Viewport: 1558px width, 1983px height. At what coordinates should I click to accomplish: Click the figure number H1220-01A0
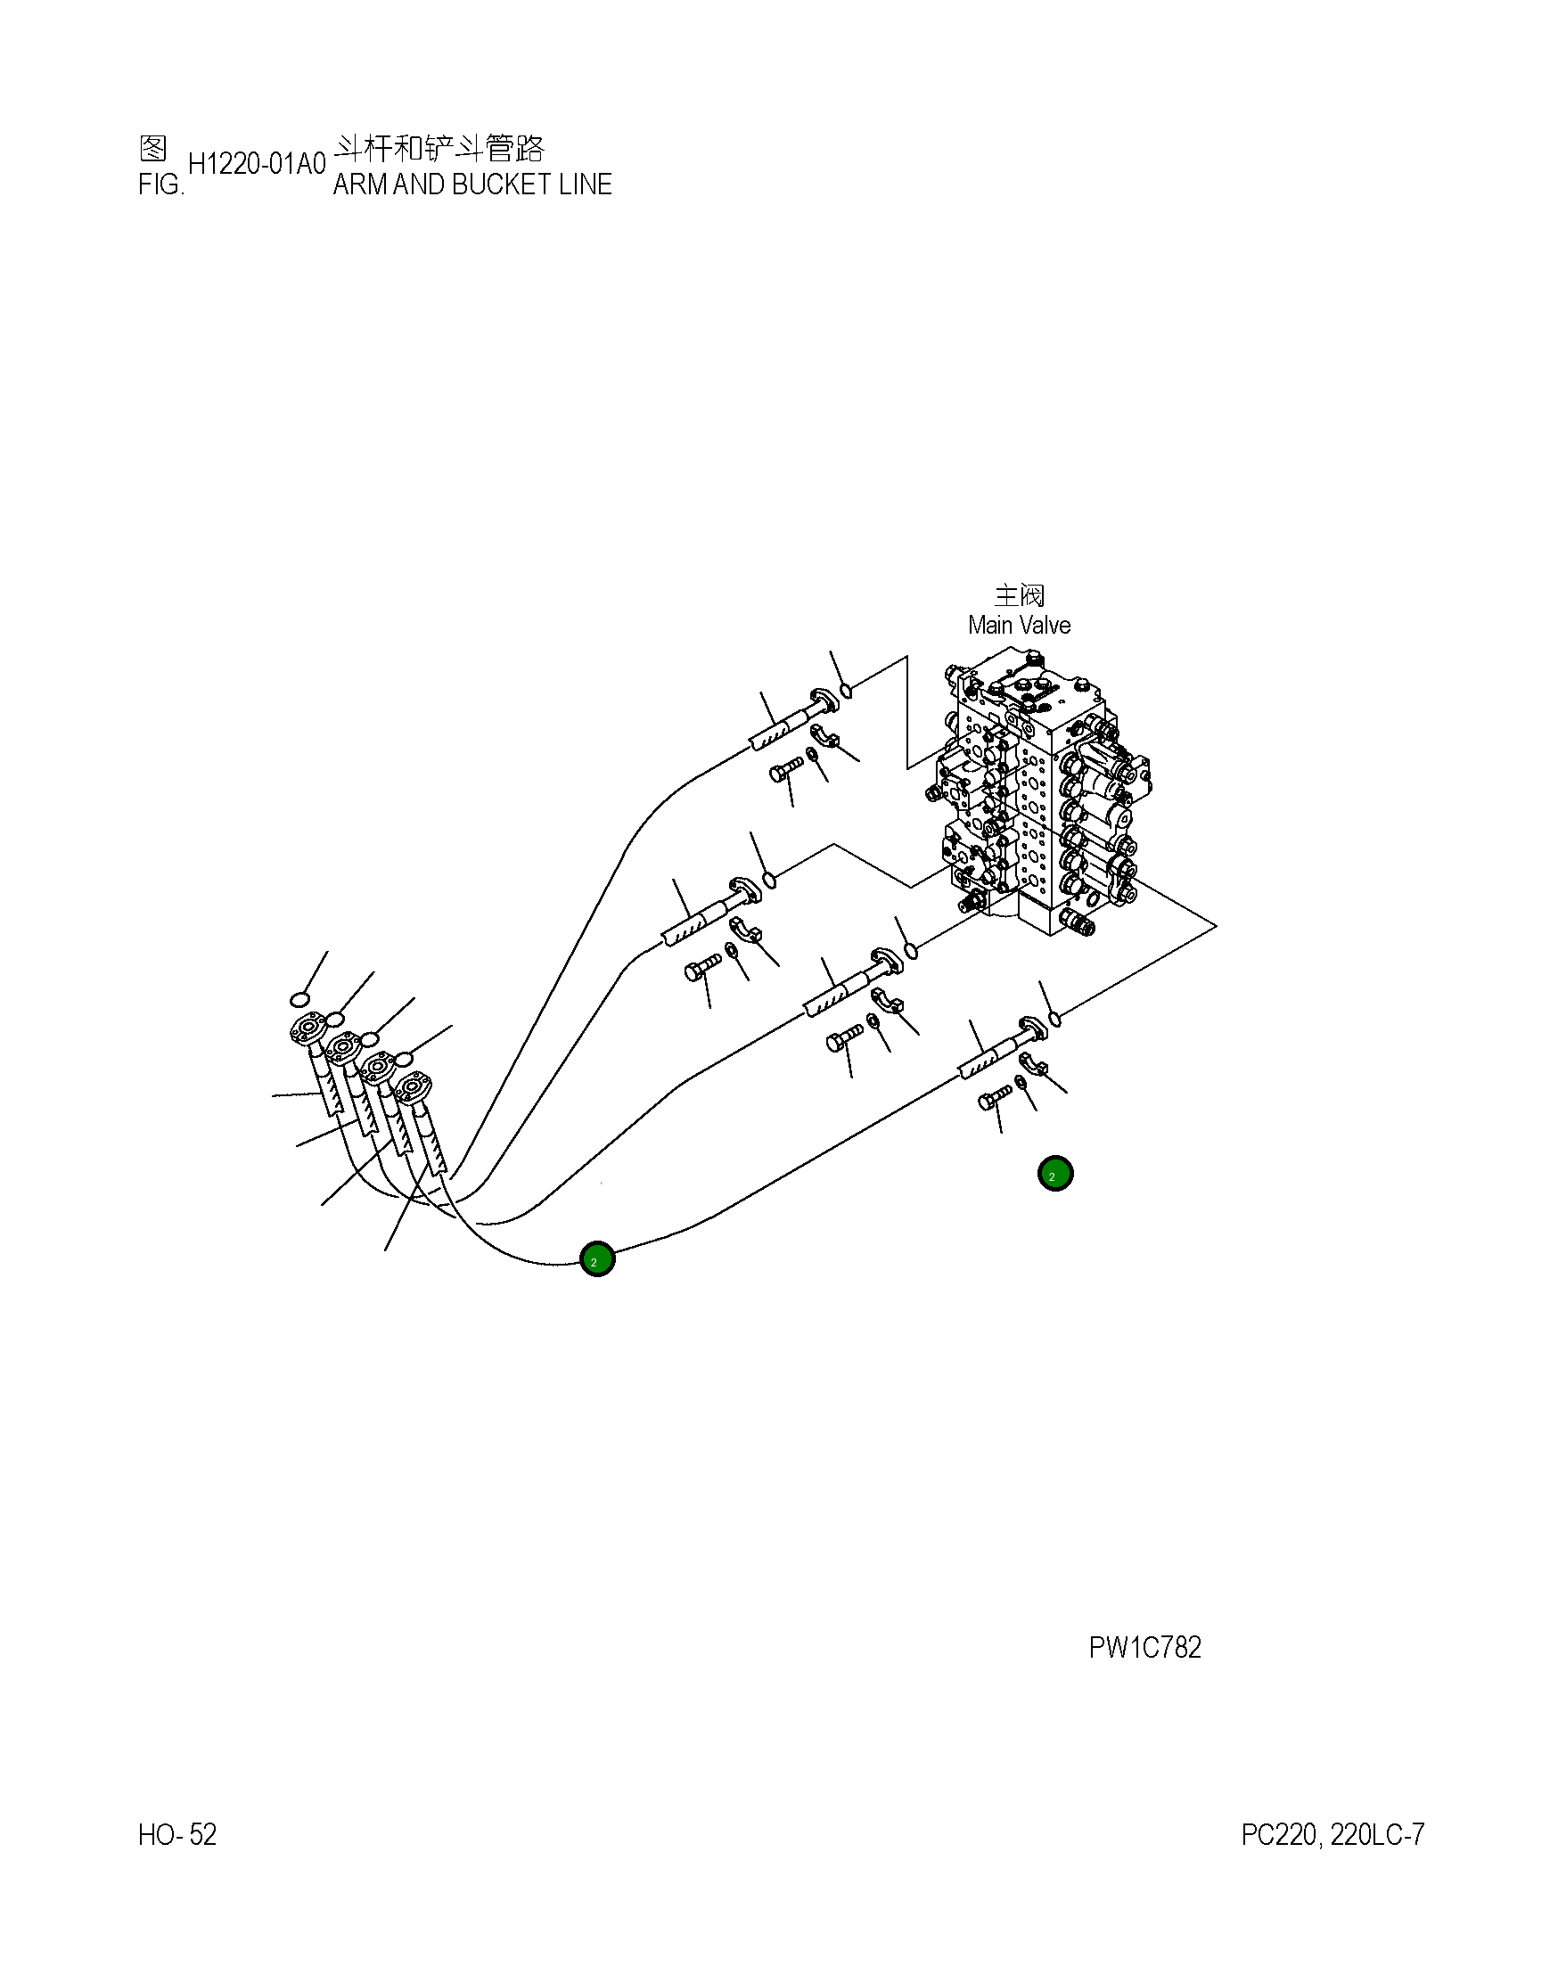(x=257, y=164)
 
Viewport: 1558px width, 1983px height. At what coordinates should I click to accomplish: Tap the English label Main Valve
(x=1019, y=626)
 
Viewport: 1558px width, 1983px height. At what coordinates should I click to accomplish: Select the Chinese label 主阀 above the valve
(x=1019, y=595)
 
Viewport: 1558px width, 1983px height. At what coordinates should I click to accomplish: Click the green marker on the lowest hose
(x=597, y=1259)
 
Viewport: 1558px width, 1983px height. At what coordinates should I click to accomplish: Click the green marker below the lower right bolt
(x=1055, y=1174)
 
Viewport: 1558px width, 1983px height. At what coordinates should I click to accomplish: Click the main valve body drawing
(x=1040, y=803)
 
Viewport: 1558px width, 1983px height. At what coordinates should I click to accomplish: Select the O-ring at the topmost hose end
(x=846, y=691)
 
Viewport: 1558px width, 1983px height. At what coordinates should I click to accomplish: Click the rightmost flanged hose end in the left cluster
(x=414, y=1088)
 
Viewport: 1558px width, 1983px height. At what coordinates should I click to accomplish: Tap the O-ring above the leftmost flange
(x=301, y=999)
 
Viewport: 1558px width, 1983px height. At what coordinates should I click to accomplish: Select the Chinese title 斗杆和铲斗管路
(x=439, y=148)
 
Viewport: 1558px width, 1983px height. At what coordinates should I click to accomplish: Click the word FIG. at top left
(x=161, y=185)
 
